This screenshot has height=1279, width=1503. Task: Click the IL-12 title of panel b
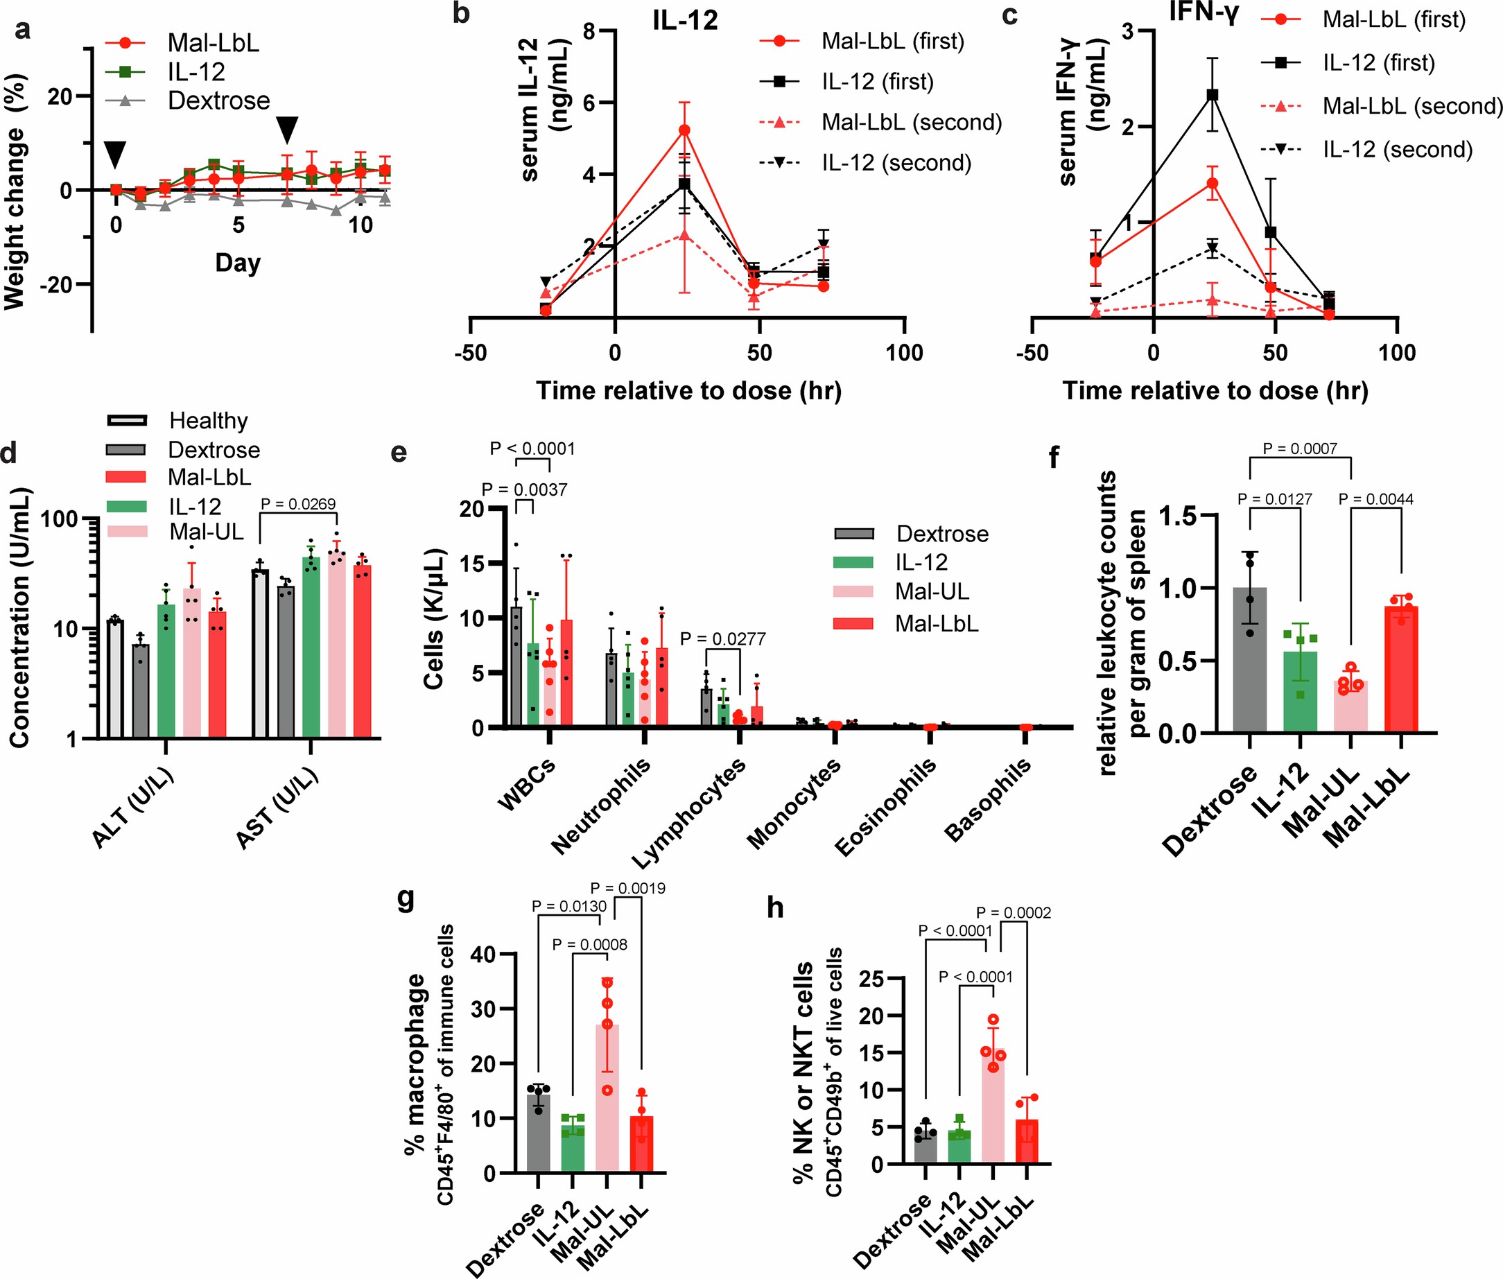tap(684, 20)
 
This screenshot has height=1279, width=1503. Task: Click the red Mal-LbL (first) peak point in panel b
tap(684, 130)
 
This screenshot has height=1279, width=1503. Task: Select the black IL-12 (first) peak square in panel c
tap(1213, 95)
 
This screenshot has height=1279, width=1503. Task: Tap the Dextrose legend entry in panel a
tap(218, 101)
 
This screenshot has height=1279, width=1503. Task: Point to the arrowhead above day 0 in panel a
tap(115, 155)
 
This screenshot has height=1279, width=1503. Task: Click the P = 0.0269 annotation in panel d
tap(298, 504)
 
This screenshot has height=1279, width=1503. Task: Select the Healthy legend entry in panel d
tap(208, 421)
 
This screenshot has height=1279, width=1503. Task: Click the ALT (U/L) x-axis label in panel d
tap(132, 807)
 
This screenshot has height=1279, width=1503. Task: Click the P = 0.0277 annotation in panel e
tap(722, 638)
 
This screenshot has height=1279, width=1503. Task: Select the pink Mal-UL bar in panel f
tap(1350, 706)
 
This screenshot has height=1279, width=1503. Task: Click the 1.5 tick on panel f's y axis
tap(1177, 516)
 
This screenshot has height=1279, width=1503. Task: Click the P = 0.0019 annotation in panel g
tap(627, 888)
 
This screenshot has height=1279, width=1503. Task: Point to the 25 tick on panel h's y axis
tap(871, 980)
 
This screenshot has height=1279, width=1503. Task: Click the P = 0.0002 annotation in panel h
tap(1013, 913)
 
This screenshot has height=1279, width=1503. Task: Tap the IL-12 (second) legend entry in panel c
tap(1397, 149)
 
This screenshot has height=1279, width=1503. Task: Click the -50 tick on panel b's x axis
tap(471, 353)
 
